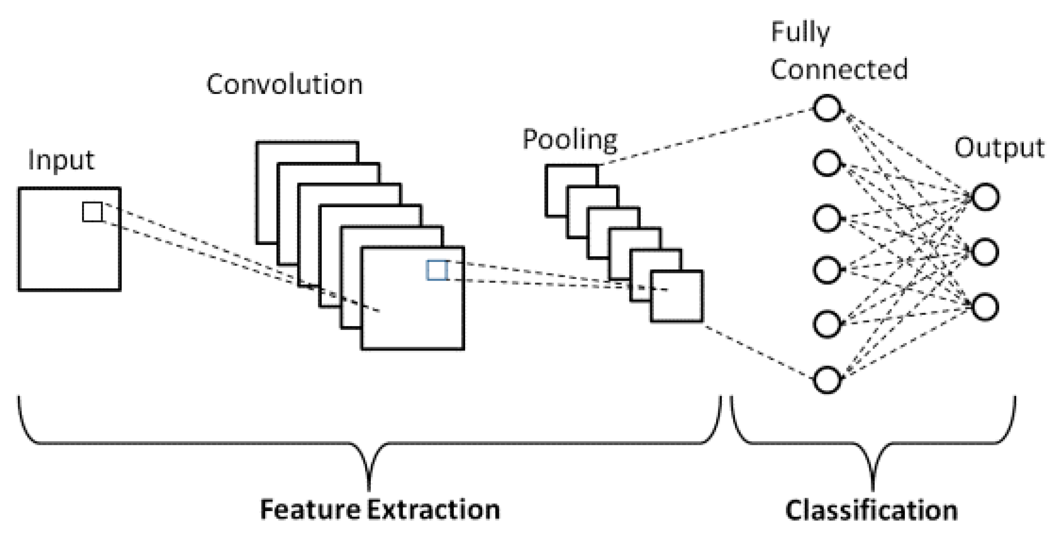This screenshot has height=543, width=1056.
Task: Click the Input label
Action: coord(61,161)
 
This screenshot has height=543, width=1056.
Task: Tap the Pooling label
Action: coord(569,140)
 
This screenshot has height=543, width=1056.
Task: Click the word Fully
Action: coord(800,33)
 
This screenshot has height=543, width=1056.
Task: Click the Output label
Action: coord(999,149)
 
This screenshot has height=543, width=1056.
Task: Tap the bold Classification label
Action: coord(871,510)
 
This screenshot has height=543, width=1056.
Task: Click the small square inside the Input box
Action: coord(92,212)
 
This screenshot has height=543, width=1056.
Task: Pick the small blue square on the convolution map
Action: coord(436,270)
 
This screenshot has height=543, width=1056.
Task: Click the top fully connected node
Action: coord(826,107)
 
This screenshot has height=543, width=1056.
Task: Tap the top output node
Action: coord(984,197)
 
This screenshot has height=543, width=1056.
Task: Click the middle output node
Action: coord(984,252)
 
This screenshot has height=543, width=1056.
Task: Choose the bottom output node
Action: coord(984,307)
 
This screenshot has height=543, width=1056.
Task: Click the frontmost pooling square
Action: coord(676,296)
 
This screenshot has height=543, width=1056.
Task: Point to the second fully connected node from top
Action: coord(826,163)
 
